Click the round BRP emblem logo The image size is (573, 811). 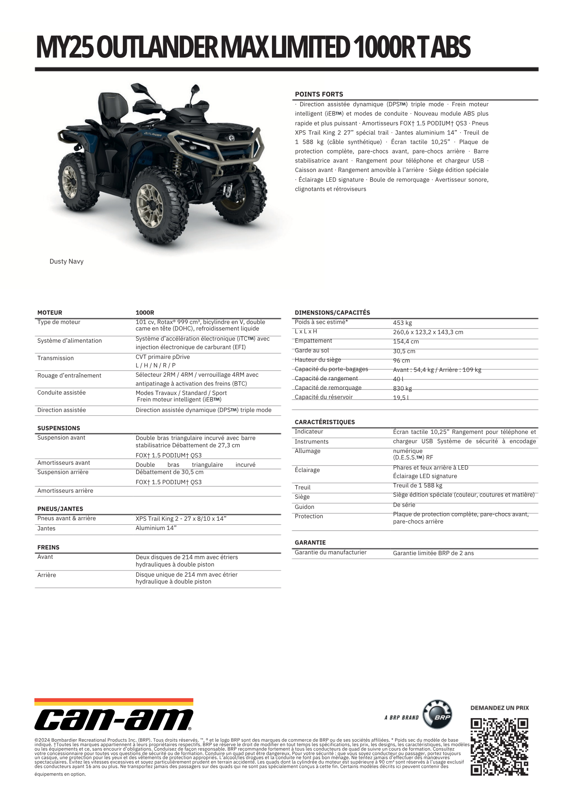[x=437, y=714]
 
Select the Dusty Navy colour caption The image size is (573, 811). [x=66, y=262]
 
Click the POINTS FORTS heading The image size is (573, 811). [x=319, y=94]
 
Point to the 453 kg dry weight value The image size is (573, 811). [x=402, y=323]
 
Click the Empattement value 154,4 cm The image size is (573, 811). [x=406, y=341]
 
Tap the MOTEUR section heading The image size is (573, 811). [x=50, y=313]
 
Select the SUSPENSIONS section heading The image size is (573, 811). [x=59, y=428]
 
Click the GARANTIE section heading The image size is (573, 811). [x=310, y=543]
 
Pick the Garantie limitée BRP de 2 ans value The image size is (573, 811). [x=433, y=553]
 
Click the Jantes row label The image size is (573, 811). [x=47, y=528]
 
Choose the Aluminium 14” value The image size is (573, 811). [x=156, y=528]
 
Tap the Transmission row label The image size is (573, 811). [x=56, y=358]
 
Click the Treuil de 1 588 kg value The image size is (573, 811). [x=417, y=485]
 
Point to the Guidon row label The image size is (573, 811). [x=304, y=507]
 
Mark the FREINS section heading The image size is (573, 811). [x=48, y=547]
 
